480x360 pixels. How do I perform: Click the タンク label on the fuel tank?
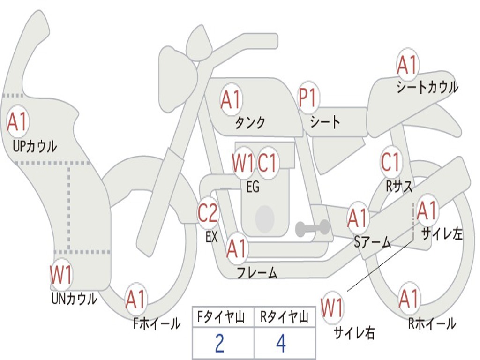pyautogui.click(x=250, y=123)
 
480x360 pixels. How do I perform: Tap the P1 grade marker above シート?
pyautogui.click(x=308, y=98)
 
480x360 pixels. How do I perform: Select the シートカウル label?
pyautogui.click(x=427, y=88)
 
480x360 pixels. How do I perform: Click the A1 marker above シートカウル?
pyautogui.click(x=407, y=65)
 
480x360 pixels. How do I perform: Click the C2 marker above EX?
pyautogui.click(x=208, y=213)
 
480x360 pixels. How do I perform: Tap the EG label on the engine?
pyautogui.click(x=253, y=187)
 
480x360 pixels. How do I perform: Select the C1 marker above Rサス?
pyautogui.click(x=390, y=162)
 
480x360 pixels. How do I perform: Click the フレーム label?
pyautogui.click(x=257, y=272)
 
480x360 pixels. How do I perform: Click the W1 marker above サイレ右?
pyautogui.click(x=332, y=308)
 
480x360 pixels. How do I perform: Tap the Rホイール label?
pyautogui.click(x=432, y=323)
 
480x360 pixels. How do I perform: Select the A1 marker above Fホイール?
pyautogui.click(x=135, y=300)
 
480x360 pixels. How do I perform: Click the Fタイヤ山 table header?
pyautogui.click(x=223, y=318)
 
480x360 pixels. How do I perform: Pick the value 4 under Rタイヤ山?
pyautogui.click(x=281, y=344)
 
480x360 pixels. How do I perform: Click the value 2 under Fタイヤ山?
pyautogui.click(x=219, y=344)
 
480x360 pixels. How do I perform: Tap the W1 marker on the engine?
pyautogui.click(x=243, y=163)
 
